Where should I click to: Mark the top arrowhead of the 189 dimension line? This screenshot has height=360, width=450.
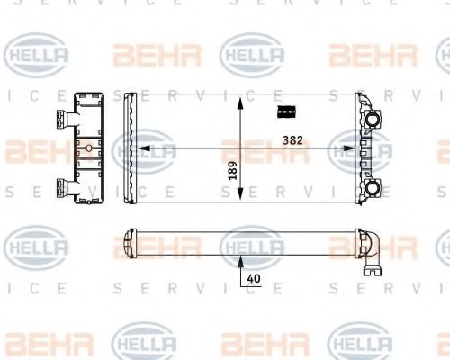pyautogui.click(x=240, y=100)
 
